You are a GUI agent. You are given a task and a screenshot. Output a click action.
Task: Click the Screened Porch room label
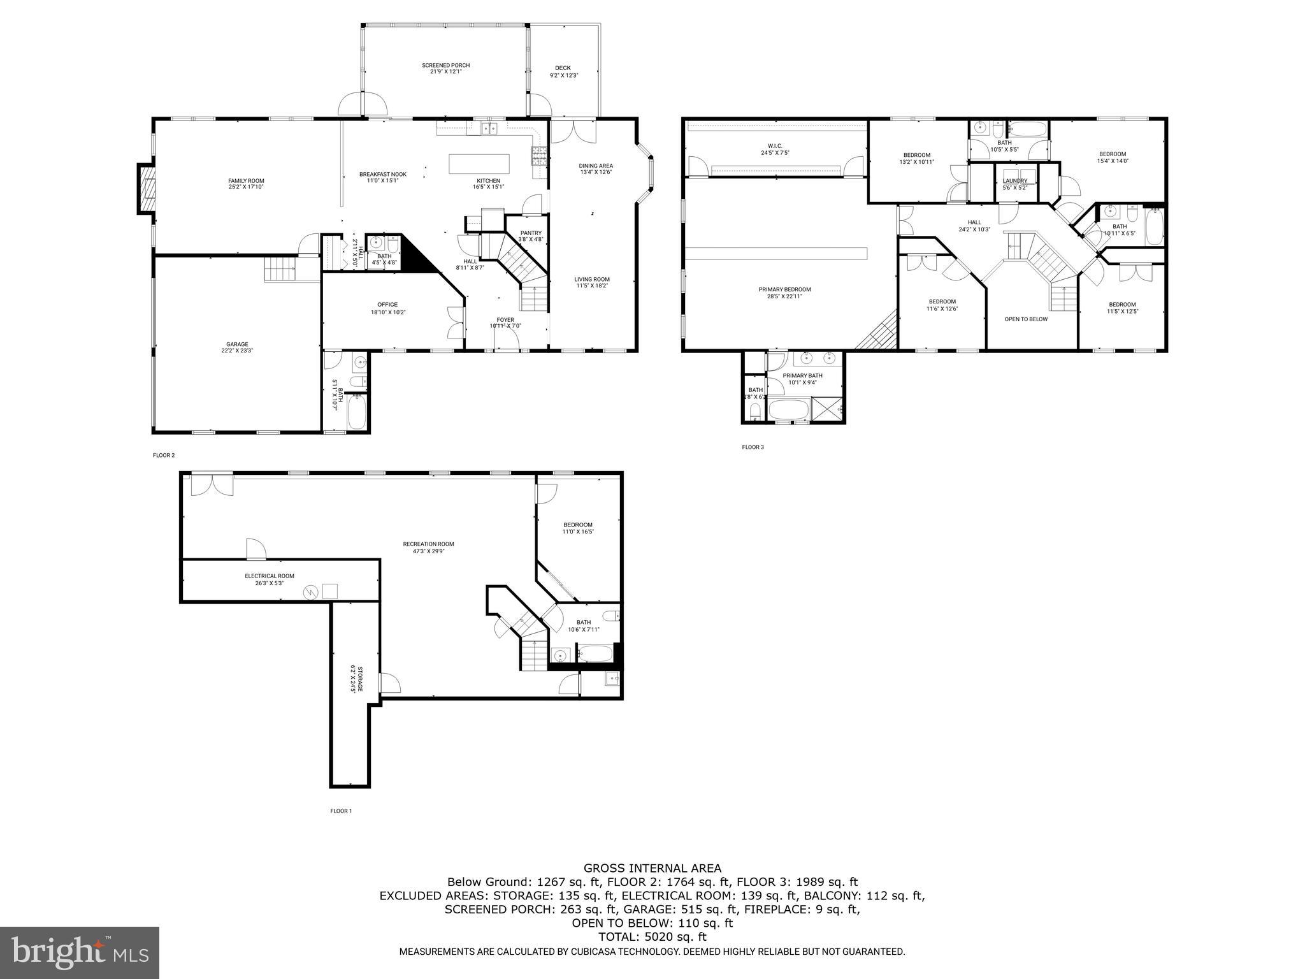[x=445, y=68]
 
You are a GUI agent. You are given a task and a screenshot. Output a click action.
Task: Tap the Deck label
[x=563, y=71]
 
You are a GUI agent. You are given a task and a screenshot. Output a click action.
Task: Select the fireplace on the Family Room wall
[x=147, y=189]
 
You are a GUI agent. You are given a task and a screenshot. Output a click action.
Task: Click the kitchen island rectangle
[x=479, y=164]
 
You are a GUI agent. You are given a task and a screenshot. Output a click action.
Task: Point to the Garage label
[x=238, y=347]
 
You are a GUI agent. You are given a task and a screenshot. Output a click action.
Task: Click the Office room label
[x=387, y=308]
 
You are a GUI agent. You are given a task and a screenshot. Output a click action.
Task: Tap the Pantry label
[x=530, y=236]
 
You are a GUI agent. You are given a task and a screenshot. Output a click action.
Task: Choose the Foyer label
[x=505, y=323]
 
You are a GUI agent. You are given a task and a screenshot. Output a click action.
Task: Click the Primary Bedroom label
[x=784, y=293]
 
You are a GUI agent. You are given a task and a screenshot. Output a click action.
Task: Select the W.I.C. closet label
[x=775, y=149]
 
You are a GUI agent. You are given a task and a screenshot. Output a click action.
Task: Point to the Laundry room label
[x=1015, y=184]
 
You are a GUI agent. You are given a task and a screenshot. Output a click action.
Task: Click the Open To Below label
[x=1026, y=319]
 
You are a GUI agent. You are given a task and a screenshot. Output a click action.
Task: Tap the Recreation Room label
[x=428, y=547]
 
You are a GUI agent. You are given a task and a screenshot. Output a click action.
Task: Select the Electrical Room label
[x=269, y=579]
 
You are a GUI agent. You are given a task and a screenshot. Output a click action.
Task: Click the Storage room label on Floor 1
[x=357, y=679]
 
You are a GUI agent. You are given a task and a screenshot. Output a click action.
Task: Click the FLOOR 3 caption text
[x=753, y=447]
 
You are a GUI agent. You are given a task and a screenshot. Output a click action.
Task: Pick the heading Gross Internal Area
[x=652, y=867]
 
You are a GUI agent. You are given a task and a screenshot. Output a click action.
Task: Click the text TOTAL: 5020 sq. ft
[x=652, y=936]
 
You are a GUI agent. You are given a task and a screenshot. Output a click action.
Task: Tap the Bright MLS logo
[x=80, y=952]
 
